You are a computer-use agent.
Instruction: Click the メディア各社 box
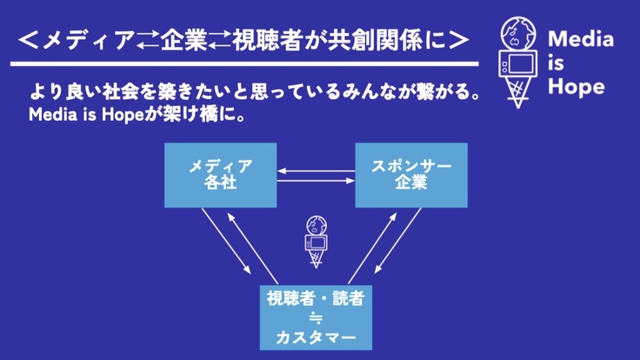[221, 175]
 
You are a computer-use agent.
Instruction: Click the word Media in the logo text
[581, 40]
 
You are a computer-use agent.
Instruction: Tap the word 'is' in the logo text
[557, 63]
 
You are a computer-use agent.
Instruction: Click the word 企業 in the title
[192, 40]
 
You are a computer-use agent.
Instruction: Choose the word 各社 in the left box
[221, 184]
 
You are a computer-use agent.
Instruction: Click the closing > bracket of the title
[462, 40]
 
